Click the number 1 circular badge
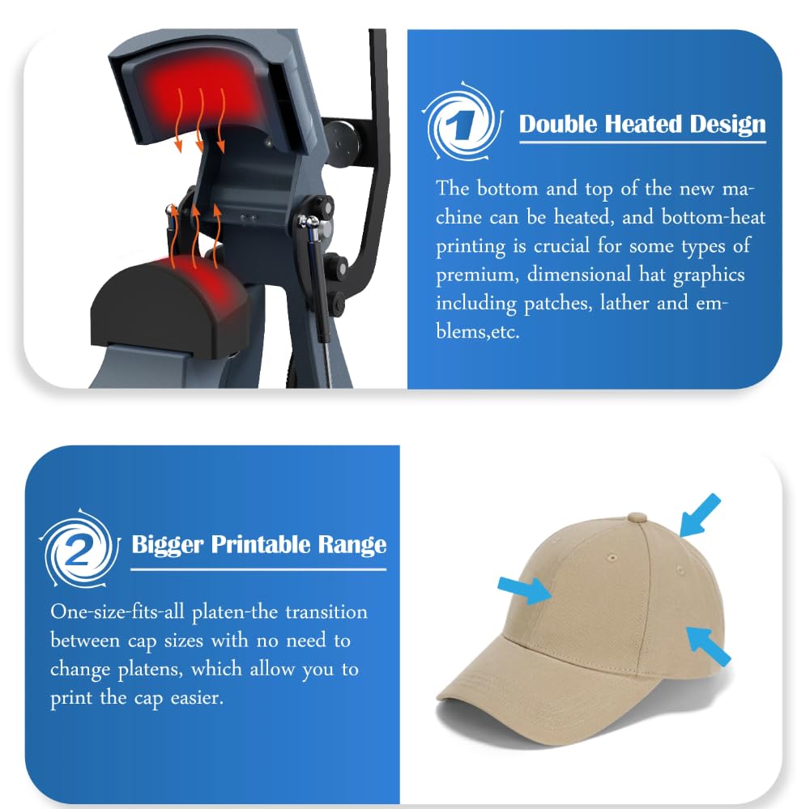tap(463, 124)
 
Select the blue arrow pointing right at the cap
tap(524, 589)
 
